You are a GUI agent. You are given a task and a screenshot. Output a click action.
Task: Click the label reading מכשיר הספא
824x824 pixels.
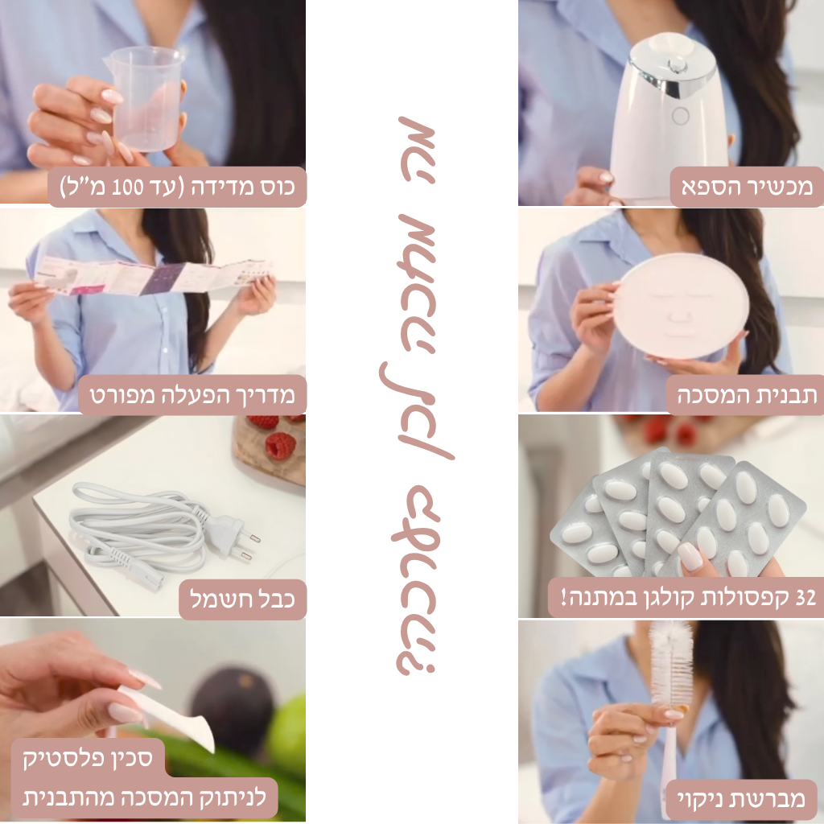click(x=747, y=187)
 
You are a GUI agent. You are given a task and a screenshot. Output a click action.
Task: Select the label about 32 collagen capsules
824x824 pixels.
click(x=688, y=598)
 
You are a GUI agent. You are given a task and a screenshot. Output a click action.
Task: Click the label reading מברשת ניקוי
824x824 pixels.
click(x=741, y=799)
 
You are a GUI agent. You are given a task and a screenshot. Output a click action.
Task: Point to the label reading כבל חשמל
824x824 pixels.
click(x=242, y=599)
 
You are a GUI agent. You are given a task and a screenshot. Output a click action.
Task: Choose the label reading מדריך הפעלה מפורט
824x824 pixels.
click(x=192, y=395)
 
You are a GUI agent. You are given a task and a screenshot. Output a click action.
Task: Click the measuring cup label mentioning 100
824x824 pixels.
click(x=177, y=187)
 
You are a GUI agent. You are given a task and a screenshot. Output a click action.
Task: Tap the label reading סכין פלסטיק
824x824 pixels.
click(x=87, y=758)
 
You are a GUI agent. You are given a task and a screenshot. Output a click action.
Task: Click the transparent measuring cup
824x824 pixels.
click(x=144, y=99)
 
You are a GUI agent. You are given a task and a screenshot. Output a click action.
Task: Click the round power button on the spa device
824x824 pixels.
click(x=681, y=116)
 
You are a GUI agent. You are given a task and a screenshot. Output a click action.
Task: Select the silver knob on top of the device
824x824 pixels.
click(x=675, y=66)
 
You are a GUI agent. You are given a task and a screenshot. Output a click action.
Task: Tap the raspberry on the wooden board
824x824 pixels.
click(x=281, y=446)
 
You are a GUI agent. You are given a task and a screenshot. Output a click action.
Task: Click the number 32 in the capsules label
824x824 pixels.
click(x=805, y=598)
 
